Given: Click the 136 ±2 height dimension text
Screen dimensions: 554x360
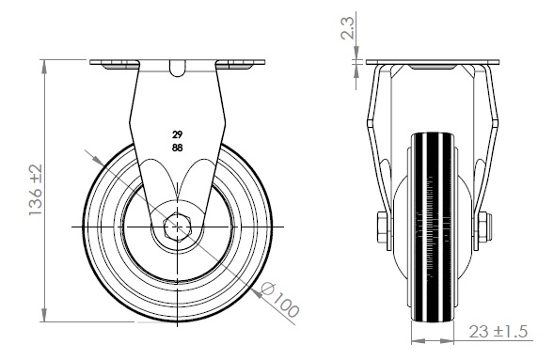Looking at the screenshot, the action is (36, 190).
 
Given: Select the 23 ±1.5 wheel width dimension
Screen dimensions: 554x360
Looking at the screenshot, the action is (499, 332).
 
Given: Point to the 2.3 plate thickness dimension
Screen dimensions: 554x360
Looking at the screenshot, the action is (347, 28).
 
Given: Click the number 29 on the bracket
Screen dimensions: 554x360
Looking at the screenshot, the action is (178, 134).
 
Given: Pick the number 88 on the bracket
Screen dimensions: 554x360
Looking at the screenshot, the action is (178, 148).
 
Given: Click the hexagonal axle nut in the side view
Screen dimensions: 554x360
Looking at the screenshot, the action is (177, 227).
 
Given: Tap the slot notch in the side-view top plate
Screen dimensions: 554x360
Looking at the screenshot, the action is (177, 69).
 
